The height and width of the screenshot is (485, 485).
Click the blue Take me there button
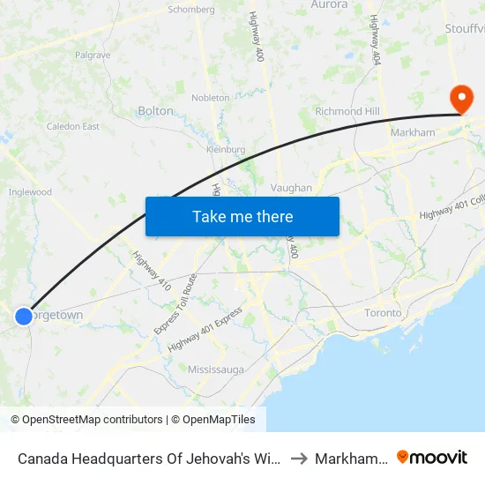[x=242, y=217]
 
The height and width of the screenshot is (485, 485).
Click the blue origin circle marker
[x=24, y=316]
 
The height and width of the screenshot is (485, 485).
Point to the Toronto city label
[x=384, y=313]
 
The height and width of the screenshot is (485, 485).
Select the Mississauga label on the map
[x=216, y=369]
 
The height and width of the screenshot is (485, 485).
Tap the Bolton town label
[x=156, y=111]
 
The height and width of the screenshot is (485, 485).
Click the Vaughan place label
[x=292, y=188]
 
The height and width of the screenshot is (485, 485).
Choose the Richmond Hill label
[x=352, y=112]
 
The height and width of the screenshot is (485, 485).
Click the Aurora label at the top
[x=330, y=5]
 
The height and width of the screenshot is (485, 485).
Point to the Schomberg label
[x=191, y=10]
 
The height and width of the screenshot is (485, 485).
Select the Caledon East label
[x=73, y=127]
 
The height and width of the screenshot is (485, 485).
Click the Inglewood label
[x=31, y=191]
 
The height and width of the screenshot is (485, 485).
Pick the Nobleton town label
[x=211, y=98]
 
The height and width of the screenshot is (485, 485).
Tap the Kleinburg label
[x=226, y=150]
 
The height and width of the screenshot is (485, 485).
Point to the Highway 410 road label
[x=152, y=272]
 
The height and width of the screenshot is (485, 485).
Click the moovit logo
[x=432, y=457]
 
